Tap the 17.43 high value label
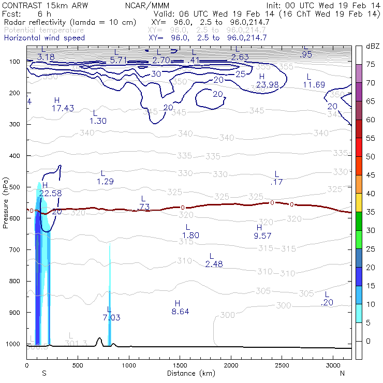click(x=63, y=108)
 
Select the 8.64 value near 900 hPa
click(x=180, y=312)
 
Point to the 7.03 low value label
click(x=112, y=317)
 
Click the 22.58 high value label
click(x=50, y=193)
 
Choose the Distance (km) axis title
click(x=188, y=373)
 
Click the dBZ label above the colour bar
click(x=373, y=46)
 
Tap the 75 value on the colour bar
click(x=371, y=65)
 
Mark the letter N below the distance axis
click(x=342, y=373)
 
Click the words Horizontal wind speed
click(x=44, y=38)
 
